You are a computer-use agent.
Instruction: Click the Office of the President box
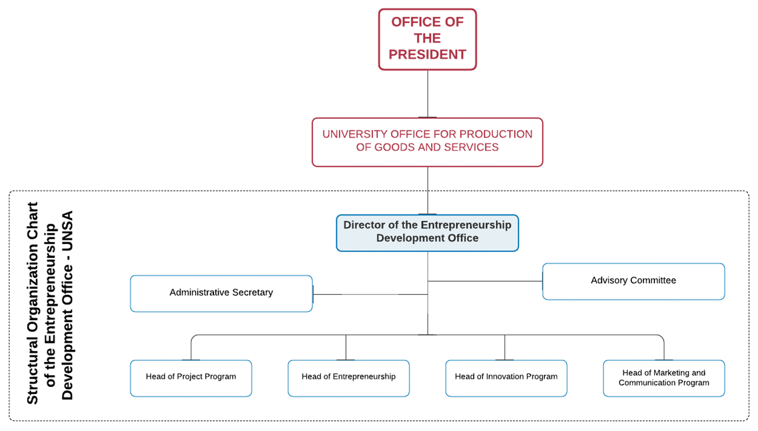coord(428,39)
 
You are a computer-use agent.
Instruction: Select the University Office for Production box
coord(428,143)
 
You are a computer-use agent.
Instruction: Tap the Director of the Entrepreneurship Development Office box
coord(428,233)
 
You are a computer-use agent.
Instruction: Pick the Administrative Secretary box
coord(221,294)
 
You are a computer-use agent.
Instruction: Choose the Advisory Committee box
coord(634,282)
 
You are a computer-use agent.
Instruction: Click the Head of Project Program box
coord(191,378)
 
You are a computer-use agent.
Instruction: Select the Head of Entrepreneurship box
coord(348,378)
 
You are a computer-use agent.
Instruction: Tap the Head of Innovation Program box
coord(506,378)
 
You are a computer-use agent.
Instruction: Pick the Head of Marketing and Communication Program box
coord(664,378)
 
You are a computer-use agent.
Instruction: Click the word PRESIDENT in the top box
coord(428,54)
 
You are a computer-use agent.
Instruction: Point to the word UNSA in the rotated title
coord(68,231)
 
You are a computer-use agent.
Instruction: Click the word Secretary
coord(252,293)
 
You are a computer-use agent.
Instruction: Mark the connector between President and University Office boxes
coord(428,94)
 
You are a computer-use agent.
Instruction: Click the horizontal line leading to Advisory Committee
coord(485,281)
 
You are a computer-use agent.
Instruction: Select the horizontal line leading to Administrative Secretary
coord(370,294)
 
